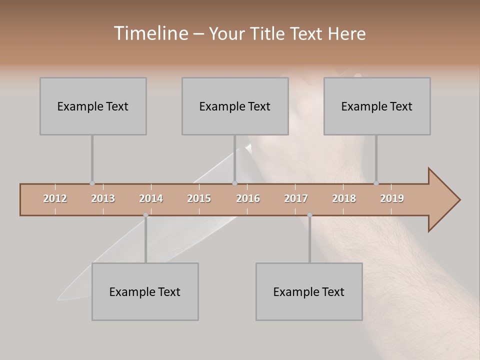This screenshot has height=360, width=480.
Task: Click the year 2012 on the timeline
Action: point(55,198)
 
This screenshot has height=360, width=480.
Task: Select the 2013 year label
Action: point(103,198)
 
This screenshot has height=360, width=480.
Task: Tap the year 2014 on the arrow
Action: point(151,198)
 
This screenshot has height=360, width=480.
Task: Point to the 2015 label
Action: point(199,198)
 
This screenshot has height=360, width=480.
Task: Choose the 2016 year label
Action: point(248,198)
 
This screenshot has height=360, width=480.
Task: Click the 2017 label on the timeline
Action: point(296,198)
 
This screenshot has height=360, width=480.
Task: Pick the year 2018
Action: point(344,198)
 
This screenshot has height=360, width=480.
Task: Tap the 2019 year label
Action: point(392,198)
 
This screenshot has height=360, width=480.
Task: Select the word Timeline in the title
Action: point(150,33)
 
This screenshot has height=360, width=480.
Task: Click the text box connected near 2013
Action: point(93,106)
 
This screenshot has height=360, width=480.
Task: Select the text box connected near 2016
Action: point(235,106)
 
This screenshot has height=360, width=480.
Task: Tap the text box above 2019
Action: point(377,106)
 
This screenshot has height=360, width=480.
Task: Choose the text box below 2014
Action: point(145,291)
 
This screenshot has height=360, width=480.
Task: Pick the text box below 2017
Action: point(309,291)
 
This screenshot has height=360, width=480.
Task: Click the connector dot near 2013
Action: point(92,183)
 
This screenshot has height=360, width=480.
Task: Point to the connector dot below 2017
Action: point(309,215)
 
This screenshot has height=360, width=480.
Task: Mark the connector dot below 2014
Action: point(145,215)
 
